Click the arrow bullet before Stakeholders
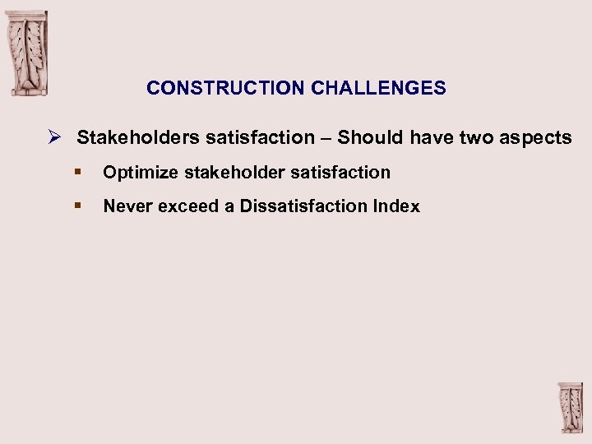pyautogui.click(x=53, y=137)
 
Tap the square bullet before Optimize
pyautogui.click(x=77, y=172)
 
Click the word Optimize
pyautogui.click(x=138, y=173)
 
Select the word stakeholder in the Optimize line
pyautogui.click(x=229, y=173)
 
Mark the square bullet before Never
pyautogui.click(x=77, y=206)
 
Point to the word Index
pyautogui.click(x=396, y=206)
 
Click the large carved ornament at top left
pyautogui.click(x=28, y=53)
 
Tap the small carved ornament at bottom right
pyautogui.click(x=571, y=407)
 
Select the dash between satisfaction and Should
pyautogui.click(x=326, y=138)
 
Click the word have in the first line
pyautogui.click(x=432, y=138)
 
